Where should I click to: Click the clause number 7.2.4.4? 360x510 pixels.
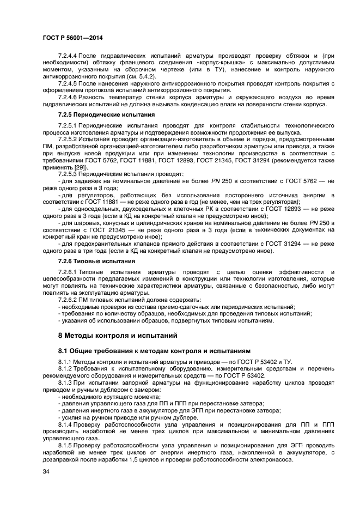68,56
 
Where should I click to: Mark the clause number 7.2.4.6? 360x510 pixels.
68,96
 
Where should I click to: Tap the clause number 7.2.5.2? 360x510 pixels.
68,139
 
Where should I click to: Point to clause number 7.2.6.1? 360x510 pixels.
68,271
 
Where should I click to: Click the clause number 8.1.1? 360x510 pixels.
65,362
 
